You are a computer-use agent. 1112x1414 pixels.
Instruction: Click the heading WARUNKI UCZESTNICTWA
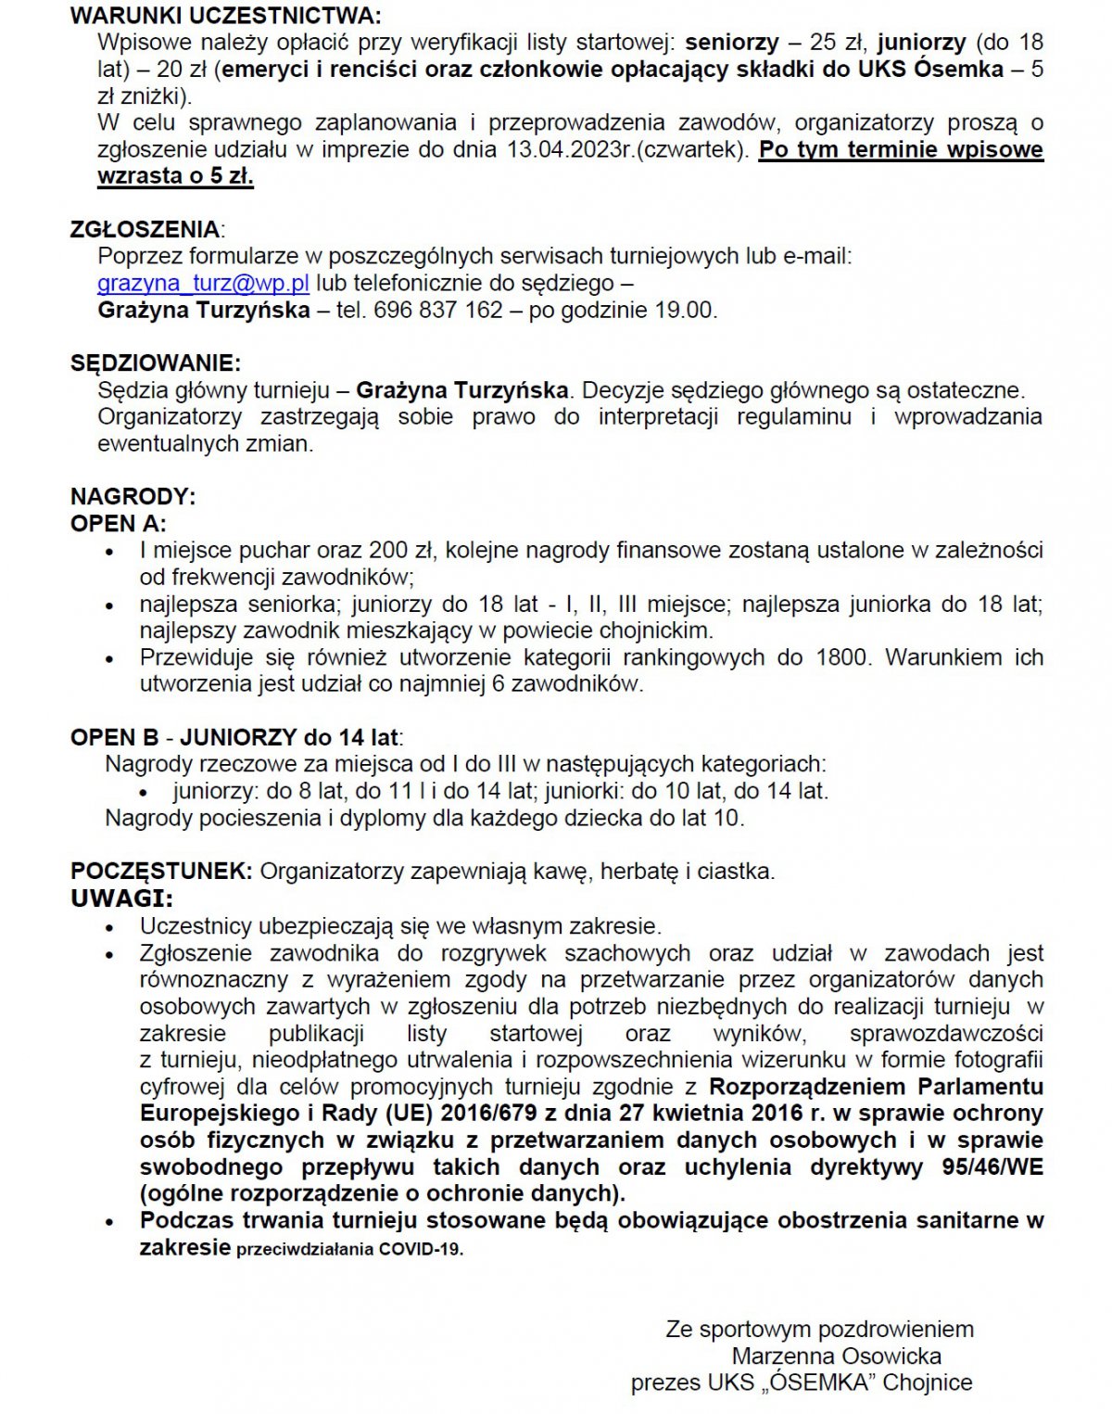pos(225,16)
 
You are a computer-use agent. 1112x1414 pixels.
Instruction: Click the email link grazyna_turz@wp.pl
pos(203,283)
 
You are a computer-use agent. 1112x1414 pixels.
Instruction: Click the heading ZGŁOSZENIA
pos(145,229)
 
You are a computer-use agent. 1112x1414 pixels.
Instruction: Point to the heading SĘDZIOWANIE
pos(155,363)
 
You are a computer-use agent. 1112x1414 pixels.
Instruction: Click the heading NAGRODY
pos(133,496)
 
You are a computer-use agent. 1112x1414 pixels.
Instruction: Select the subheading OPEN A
pos(118,523)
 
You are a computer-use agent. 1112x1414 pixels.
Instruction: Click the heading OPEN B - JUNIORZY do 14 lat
pos(235,738)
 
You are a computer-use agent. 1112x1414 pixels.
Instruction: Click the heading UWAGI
pos(121,898)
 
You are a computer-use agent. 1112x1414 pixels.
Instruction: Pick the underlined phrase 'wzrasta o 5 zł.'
pos(175,176)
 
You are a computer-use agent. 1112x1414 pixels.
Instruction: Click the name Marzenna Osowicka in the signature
pos(836,1357)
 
